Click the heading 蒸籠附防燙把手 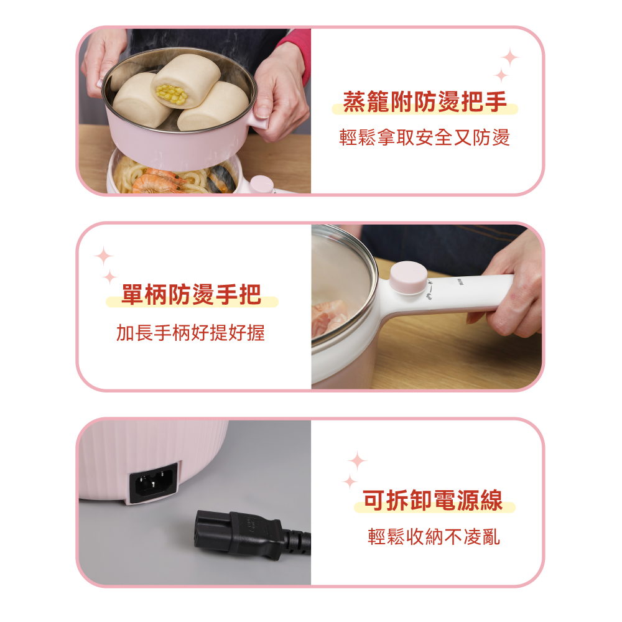(x=425, y=101)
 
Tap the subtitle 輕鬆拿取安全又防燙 (x=424, y=137)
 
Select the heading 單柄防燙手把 (x=192, y=294)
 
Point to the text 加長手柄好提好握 (x=190, y=332)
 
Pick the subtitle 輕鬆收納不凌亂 (x=434, y=537)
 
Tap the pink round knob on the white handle (x=409, y=277)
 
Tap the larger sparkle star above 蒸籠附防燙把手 (x=510, y=58)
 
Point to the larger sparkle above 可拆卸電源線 (x=357, y=461)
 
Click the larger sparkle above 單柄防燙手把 (x=104, y=256)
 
